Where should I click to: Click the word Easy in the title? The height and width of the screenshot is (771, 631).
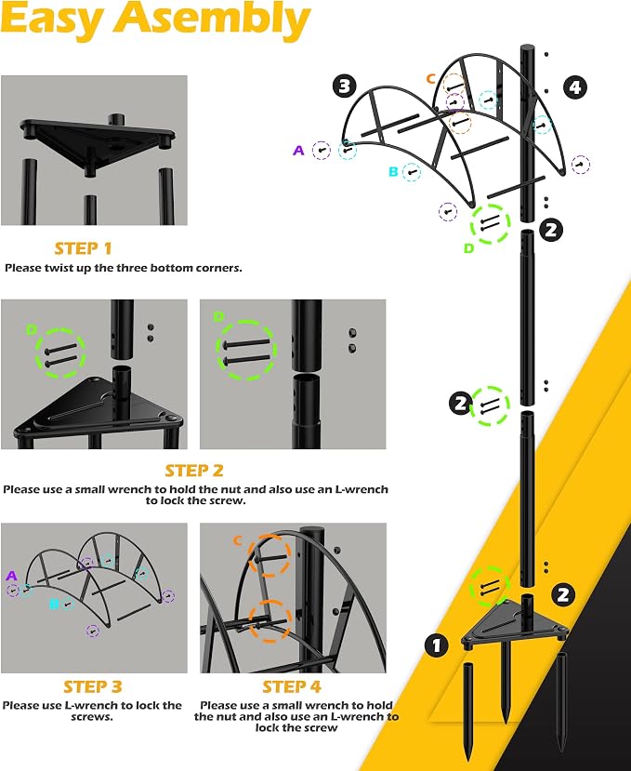coord(53,20)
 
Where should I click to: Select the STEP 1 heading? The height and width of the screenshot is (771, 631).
coord(83,248)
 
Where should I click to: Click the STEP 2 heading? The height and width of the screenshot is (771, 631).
coord(194,471)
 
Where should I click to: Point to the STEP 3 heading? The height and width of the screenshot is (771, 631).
coord(93,686)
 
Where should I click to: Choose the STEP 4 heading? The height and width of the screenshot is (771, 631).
coord(292,686)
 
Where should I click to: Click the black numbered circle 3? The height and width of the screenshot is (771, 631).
coord(345,86)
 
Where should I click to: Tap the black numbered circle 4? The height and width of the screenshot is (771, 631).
coord(575,87)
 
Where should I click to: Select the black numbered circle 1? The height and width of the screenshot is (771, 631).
coord(437,645)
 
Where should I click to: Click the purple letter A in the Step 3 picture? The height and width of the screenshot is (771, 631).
coord(11,576)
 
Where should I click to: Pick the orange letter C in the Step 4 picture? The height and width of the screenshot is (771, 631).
coord(238,541)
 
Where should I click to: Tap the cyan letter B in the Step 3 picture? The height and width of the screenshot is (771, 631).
coord(54,604)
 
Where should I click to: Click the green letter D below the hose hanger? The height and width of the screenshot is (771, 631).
coord(468,248)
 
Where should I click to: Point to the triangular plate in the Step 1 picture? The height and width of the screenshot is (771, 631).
coord(98,143)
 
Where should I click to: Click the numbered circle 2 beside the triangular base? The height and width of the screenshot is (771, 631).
coord(563,595)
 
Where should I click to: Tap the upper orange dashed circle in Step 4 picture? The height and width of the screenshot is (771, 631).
coord(269,556)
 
